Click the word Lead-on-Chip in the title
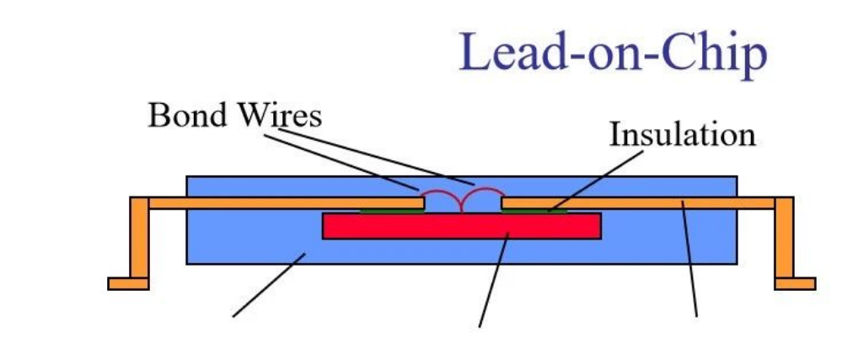[613, 52]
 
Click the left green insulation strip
[392, 210]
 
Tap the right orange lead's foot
[795, 283]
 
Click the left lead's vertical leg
[139, 240]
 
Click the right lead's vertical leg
[784, 240]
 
